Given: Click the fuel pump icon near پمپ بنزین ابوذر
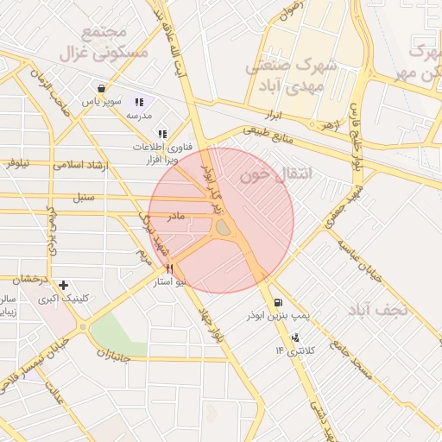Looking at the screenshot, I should tap(277, 303).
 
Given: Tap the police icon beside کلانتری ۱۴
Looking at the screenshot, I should tap(295, 337).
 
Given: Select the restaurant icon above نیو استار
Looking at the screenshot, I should tap(170, 268).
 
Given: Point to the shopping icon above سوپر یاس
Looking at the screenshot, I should tap(102, 88).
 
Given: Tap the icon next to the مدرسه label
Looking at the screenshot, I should tap(139, 102).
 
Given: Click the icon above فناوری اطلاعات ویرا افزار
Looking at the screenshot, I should tap(162, 134).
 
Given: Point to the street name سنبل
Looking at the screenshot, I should tap(84, 198).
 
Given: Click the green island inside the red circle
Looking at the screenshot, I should tap(223, 227).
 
